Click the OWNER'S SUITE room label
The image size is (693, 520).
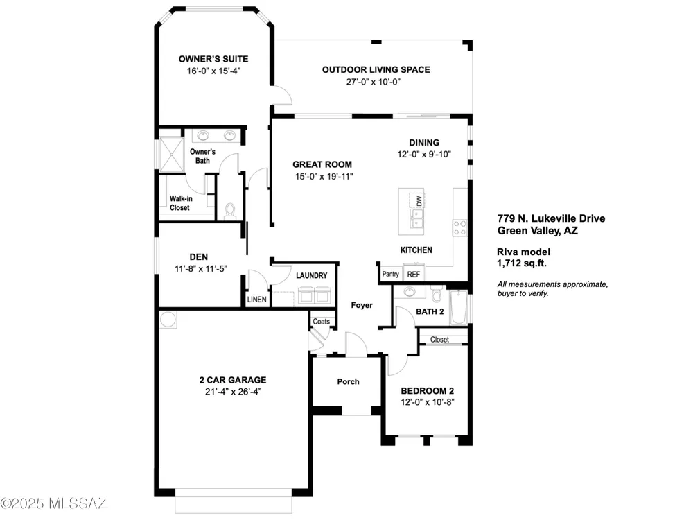click(213, 59)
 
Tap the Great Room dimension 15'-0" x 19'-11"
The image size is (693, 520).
click(324, 176)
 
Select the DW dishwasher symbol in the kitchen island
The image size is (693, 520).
click(416, 200)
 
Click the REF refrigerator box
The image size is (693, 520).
click(414, 274)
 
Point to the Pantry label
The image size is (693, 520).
click(391, 274)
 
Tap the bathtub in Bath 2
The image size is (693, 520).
click(459, 307)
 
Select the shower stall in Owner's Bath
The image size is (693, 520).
click(171, 155)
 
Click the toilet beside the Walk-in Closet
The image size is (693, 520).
click(230, 211)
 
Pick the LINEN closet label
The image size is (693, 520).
click(257, 300)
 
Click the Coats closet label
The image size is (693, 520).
click(322, 322)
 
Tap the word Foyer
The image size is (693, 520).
click(362, 305)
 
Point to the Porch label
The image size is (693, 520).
click(349, 381)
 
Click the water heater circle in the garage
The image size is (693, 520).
click(168, 319)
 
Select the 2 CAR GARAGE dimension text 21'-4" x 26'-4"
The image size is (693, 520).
click(233, 391)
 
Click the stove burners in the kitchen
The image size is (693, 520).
click(460, 227)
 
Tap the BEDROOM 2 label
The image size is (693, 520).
click(428, 391)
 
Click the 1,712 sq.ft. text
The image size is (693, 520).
click(522, 263)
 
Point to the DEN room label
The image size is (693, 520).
click(199, 257)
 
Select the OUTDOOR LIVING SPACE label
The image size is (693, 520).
click(376, 69)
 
